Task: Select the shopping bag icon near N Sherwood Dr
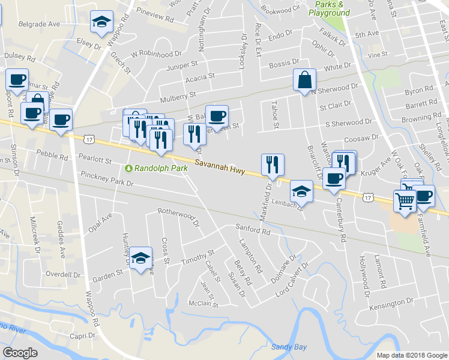point(304,80)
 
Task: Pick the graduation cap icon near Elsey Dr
point(102,22)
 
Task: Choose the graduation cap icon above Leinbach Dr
point(301,191)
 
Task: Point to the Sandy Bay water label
point(289,347)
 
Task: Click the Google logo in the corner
point(20,352)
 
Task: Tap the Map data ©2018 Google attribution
point(411,355)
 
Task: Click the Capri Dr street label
point(83,336)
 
